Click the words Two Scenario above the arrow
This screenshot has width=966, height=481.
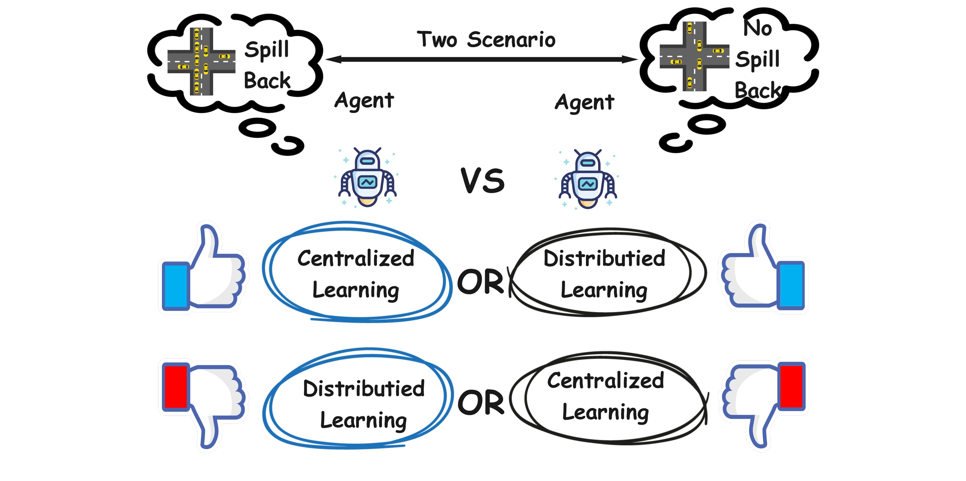486,39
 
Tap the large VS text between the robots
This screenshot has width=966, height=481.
483,181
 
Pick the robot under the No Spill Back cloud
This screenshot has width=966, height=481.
588,179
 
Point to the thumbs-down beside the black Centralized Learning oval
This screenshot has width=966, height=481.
763,405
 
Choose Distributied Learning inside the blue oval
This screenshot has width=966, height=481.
363,404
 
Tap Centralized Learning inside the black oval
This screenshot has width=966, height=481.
605,397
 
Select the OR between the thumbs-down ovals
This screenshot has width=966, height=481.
481,402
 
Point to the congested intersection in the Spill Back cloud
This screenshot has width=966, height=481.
201,62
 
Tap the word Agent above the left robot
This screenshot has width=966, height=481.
364,100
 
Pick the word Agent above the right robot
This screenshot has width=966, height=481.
585,102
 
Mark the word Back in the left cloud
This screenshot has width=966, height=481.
267,80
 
